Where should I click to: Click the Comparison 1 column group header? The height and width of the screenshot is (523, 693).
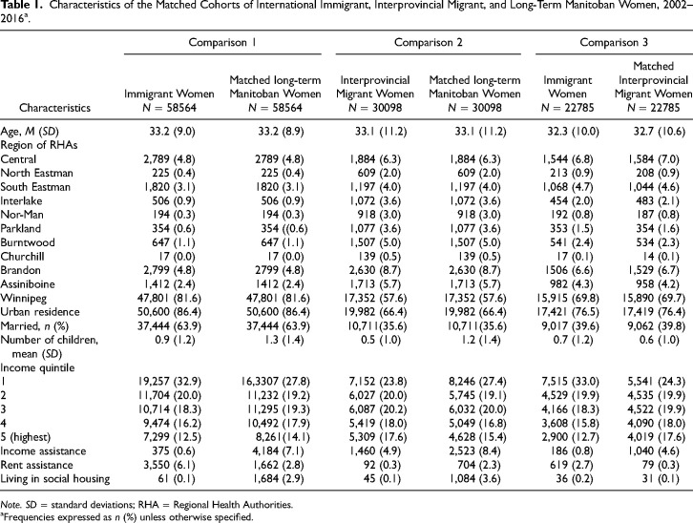(222, 42)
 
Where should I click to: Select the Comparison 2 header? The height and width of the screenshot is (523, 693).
(429, 42)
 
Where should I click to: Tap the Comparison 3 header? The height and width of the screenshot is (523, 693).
(614, 42)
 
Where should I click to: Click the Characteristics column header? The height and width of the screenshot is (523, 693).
(54, 108)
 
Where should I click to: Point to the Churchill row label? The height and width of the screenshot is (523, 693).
(23, 256)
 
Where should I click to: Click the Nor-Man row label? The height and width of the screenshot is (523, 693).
(22, 215)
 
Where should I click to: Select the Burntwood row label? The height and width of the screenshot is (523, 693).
(28, 242)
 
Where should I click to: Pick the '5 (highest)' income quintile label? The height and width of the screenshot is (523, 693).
(26, 437)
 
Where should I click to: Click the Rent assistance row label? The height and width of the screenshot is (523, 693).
(36, 465)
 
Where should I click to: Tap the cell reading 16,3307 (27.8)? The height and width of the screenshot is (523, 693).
(275, 382)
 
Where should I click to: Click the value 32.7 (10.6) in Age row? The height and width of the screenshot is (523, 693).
(659, 132)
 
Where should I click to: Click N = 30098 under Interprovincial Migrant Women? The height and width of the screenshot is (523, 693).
(375, 108)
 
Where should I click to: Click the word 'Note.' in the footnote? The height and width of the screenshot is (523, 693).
(10, 505)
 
